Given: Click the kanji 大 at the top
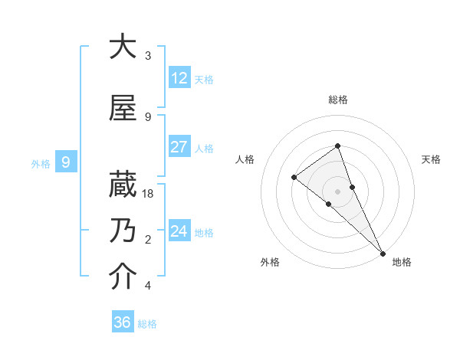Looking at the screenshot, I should (123, 47).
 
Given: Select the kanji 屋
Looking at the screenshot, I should (123, 109).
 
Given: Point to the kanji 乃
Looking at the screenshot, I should (123, 231).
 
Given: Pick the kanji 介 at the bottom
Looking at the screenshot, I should (123, 277).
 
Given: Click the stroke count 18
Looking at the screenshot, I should (149, 194).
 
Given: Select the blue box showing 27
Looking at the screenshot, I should (179, 147).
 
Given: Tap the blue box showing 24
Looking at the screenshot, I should (179, 231).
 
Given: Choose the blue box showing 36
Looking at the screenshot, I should (123, 322).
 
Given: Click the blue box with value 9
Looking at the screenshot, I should (66, 162).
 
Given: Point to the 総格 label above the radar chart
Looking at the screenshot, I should (337, 100).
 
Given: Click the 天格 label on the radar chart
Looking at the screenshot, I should (431, 159).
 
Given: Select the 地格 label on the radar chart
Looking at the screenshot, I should (402, 262).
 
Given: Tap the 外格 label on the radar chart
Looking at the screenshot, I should (269, 262).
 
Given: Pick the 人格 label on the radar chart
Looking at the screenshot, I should (245, 159).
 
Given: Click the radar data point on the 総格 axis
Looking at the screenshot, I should (337, 146).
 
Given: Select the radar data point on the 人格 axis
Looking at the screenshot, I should (294, 178).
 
